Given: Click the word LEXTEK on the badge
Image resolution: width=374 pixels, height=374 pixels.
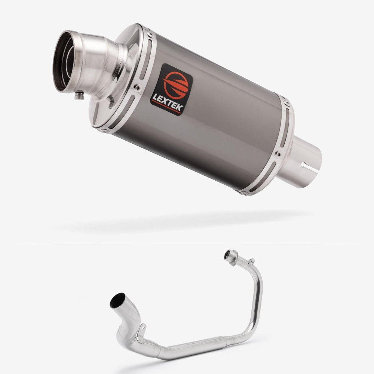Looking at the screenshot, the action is [168, 102].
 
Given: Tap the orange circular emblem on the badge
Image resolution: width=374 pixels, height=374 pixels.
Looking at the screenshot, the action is [176, 85].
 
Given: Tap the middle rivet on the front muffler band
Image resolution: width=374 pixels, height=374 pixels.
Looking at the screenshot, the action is [137, 88].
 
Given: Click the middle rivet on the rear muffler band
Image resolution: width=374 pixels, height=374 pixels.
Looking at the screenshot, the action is [278, 154].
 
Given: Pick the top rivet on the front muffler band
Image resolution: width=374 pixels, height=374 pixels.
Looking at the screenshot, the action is [150, 35].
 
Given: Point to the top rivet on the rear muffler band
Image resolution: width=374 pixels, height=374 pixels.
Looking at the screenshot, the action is [286, 103].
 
